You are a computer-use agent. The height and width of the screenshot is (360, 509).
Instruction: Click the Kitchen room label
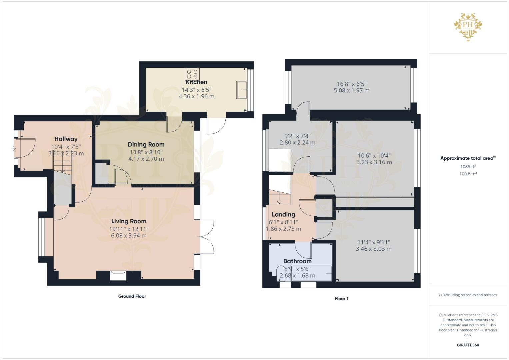point(196,82)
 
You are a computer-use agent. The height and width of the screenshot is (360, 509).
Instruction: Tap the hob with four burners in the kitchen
point(192,74)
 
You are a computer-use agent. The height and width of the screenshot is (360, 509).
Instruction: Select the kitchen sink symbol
point(242,89)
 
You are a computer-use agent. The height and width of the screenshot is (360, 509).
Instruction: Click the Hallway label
point(66,139)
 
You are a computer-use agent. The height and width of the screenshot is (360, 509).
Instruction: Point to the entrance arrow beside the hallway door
point(13,148)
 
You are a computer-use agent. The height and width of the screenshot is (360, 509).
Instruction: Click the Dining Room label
point(146,144)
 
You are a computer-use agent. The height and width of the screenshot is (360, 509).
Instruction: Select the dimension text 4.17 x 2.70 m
point(146,159)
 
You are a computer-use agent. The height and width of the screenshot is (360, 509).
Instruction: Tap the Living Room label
point(129,221)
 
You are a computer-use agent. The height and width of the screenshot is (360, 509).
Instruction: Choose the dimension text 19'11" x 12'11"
point(129,229)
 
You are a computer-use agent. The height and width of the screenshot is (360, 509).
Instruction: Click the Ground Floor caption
point(132,296)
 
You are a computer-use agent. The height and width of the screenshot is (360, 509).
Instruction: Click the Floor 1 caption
point(341,298)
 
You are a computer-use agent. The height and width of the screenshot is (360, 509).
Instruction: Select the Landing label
point(283,214)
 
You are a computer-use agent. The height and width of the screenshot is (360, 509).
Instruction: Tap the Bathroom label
point(297,261)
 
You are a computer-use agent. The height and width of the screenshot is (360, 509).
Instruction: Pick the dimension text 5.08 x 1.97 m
point(351,90)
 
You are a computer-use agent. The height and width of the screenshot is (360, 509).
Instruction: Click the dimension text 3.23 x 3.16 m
point(374,162)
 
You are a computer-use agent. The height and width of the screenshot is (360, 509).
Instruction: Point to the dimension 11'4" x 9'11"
point(374,242)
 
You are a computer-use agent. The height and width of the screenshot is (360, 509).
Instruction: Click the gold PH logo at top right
point(468,27)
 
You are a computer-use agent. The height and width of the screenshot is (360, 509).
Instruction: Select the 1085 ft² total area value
point(468,166)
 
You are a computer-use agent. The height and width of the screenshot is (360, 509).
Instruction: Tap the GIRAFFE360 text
point(468,345)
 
